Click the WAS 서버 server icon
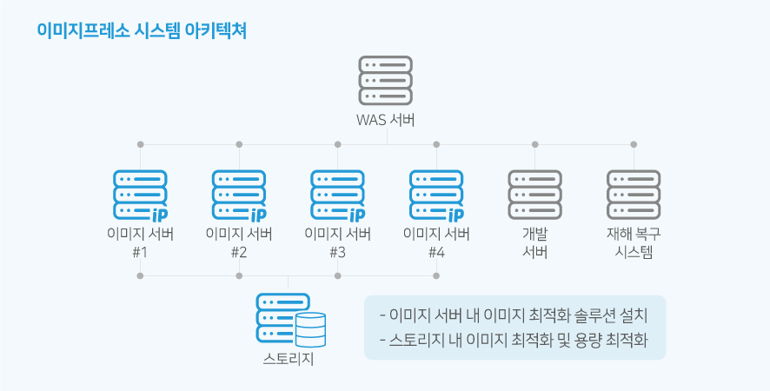[x=386, y=81]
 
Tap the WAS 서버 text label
[x=386, y=120]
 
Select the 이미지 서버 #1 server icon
[x=141, y=195]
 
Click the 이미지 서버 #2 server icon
[x=239, y=195]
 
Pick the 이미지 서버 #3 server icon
[x=338, y=195]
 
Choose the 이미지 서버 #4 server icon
[x=436, y=195]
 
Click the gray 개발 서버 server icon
[x=535, y=195]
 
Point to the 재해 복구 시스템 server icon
[x=634, y=195]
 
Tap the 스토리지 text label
[x=289, y=359]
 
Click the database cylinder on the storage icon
[x=311, y=329]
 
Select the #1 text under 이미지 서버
[x=141, y=253]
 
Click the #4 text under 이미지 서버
[x=436, y=253]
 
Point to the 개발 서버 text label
[x=535, y=242]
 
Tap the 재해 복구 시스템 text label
[x=634, y=242]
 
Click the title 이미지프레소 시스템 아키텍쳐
[x=142, y=31]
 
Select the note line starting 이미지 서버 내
[x=514, y=315]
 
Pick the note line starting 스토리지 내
[x=514, y=340]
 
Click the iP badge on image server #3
[x=356, y=215]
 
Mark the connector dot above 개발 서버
[x=535, y=144]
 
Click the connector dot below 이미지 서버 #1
[x=141, y=276]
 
